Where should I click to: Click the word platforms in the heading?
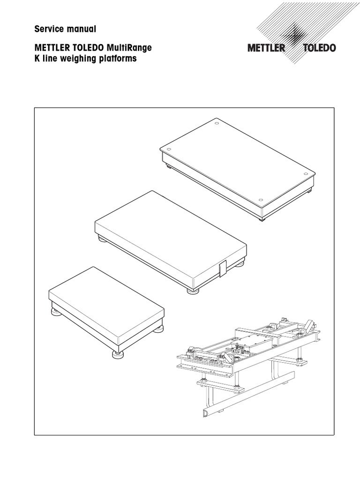117,60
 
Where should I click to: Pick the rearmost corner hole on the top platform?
216,124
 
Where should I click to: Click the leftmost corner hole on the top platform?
165,150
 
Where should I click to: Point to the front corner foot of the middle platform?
192,291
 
